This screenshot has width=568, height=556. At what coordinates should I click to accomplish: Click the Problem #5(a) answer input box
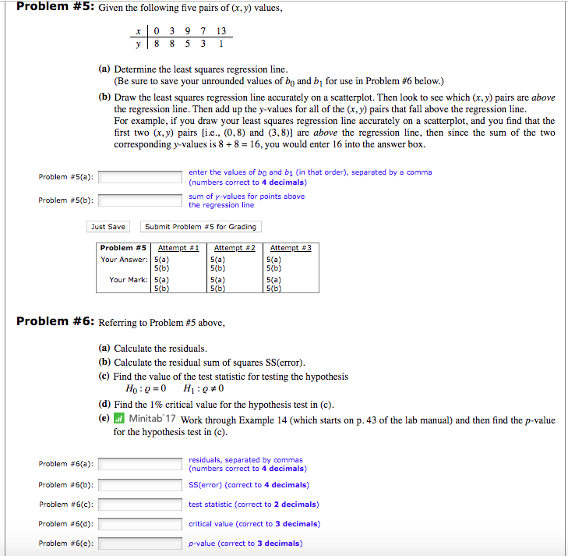tap(141, 177)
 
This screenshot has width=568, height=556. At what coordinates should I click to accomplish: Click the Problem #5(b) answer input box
tap(141, 200)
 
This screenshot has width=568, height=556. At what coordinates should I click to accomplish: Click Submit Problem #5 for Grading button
tap(200, 227)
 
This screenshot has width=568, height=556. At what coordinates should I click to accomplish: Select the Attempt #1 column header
tap(178, 248)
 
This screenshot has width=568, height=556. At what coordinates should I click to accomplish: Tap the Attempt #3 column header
tap(290, 248)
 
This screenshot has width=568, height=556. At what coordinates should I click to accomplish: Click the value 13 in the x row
tap(222, 30)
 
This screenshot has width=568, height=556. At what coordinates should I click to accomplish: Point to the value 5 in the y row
tap(186, 44)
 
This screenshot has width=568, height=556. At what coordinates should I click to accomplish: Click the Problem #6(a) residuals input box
tap(141, 464)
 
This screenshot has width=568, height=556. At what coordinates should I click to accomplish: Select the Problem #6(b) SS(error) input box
tap(141, 484)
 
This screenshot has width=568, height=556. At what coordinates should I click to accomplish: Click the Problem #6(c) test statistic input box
tap(141, 505)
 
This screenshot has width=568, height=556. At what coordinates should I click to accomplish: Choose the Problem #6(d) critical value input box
tap(141, 524)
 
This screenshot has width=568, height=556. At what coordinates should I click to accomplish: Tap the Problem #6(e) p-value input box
tap(141, 544)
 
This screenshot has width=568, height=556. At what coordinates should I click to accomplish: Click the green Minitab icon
tap(119, 420)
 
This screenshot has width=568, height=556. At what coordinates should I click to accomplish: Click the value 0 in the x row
tap(157, 30)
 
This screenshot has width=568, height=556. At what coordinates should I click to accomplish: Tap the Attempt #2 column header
tap(235, 248)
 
